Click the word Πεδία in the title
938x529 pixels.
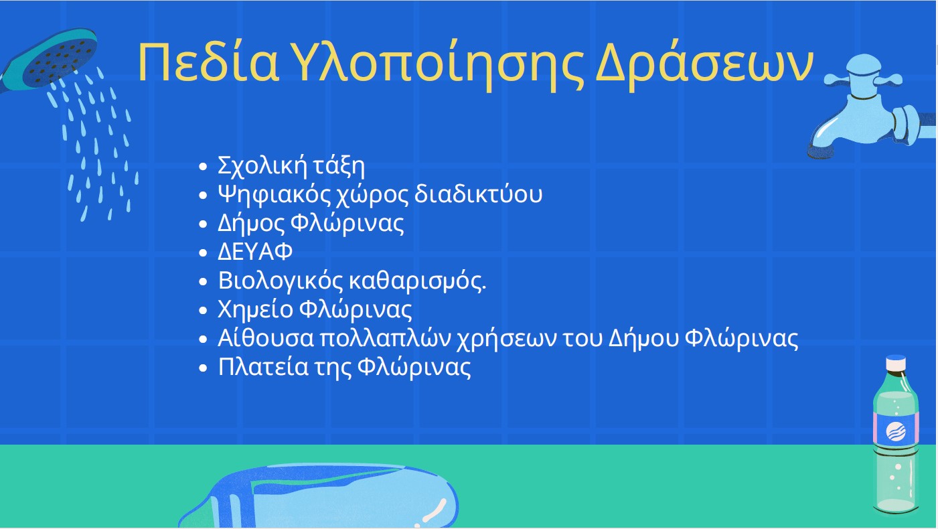tap(208, 63)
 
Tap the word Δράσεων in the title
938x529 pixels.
tap(705, 65)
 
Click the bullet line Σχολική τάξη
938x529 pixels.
tap(291, 166)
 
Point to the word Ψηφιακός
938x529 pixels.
tap(275, 195)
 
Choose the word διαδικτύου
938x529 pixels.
tap(478, 194)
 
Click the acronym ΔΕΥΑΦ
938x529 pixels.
tap(255, 252)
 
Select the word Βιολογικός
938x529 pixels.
tap(280, 281)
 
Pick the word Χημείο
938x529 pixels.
tap(256, 309)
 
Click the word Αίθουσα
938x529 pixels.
tap(266, 338)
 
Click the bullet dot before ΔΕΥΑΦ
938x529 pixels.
tap(203, 252)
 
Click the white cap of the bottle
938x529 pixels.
tap(896, 363)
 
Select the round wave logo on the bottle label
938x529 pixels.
tap(896, 431)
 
